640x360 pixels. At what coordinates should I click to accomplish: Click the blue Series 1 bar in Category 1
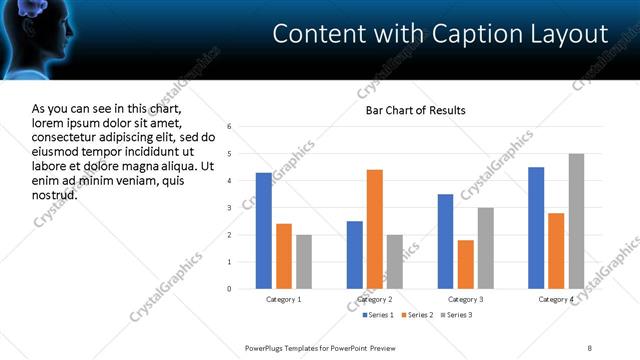(264, 231)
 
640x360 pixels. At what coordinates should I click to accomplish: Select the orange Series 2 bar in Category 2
(375, 229)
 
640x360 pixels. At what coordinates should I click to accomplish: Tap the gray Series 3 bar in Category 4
(576, 221)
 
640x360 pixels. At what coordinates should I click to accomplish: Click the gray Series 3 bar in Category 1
(304, 262)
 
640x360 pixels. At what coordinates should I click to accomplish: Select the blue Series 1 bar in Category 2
(355, 255)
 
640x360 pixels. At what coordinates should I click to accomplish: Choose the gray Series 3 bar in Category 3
(486, 248)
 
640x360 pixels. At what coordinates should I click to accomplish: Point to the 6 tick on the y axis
(230, 127)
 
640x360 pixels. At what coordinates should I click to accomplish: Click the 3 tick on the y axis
(230, 208)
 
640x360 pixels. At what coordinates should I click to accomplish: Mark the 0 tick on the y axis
(230, 289)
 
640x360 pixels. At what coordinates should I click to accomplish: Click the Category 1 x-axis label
(284, 299)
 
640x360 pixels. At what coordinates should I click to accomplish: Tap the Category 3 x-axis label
(466, 299)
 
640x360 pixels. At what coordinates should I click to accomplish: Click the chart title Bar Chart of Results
(415, 110)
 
